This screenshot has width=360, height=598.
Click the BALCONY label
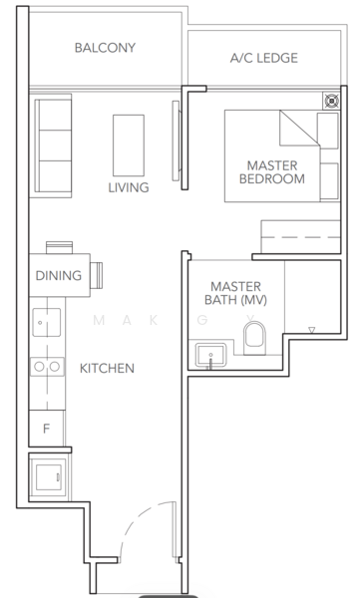coord(105,48)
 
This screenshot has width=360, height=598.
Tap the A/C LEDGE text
coord(263,59)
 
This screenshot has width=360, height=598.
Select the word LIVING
coord(129,187)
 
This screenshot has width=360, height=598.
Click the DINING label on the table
coord(59,276)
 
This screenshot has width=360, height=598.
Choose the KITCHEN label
coord(107,369)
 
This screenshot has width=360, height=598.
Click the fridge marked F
coord(46,430)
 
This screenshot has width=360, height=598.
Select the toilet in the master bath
coord(255,337)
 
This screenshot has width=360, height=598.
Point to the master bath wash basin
coord(209,355)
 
